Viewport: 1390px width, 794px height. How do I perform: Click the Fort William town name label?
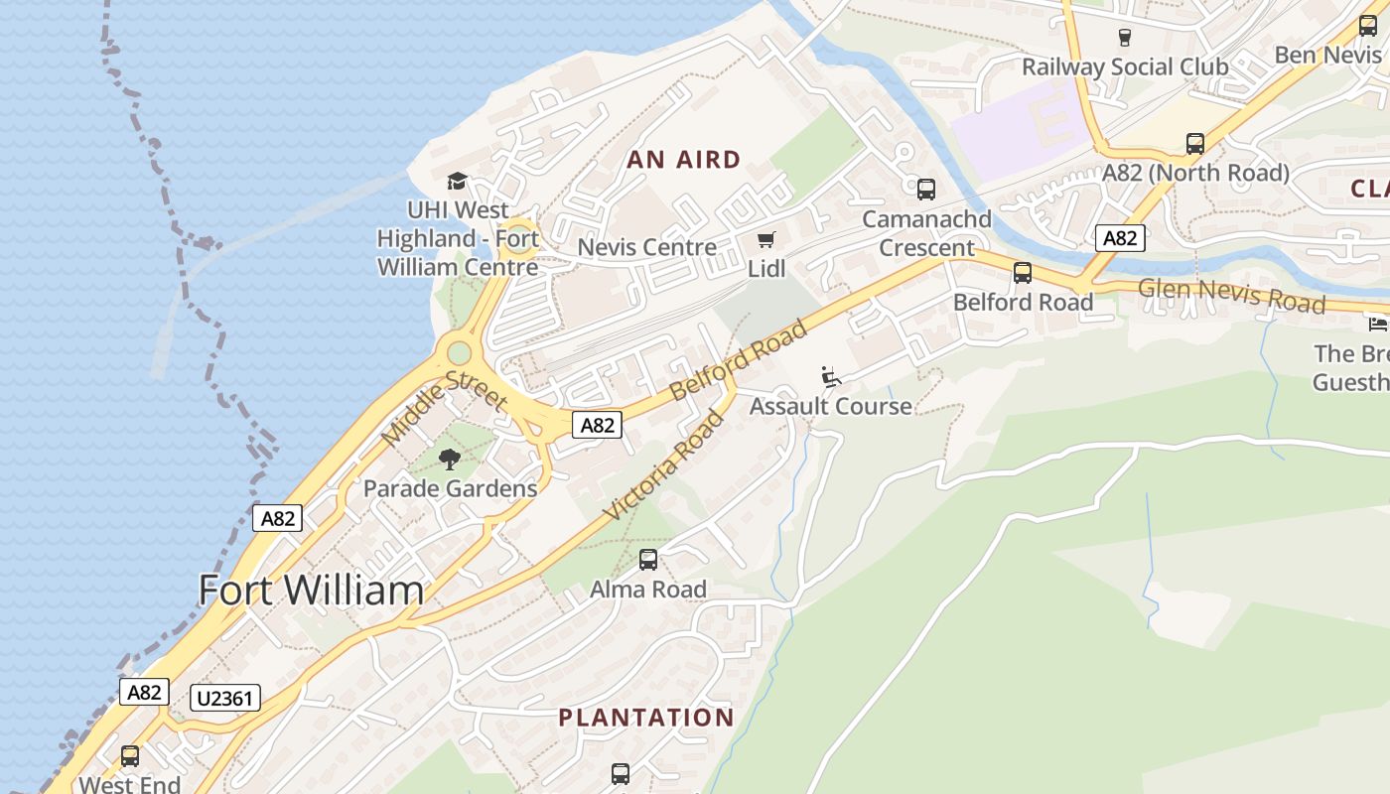(311, 591)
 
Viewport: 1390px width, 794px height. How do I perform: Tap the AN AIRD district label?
(684, 160)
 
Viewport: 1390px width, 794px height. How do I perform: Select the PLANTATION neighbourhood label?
(645, 718)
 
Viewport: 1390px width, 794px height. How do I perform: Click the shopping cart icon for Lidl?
(765, 240)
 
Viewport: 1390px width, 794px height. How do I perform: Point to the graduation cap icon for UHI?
(457, 181)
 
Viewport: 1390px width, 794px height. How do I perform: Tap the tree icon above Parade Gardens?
(450, 459)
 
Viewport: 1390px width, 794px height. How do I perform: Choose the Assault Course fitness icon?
(831, 377)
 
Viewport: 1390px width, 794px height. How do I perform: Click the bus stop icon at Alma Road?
(648, 560)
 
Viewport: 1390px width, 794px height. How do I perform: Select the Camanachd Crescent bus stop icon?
(926, 189)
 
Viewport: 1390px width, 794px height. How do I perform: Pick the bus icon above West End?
(130, 756)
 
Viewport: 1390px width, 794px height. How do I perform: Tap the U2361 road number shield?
(225, 699)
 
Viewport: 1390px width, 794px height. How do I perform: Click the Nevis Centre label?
(646, 247)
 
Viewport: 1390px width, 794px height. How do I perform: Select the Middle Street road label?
(445, 406)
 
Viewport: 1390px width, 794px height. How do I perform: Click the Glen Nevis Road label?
(1231, 295)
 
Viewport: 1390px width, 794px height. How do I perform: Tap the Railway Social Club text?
(1125, 67)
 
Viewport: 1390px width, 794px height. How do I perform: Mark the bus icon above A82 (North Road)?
(1195, 144)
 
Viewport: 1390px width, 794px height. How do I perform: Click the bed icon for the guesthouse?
(1377, 324)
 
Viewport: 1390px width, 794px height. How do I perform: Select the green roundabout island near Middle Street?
(459, 352)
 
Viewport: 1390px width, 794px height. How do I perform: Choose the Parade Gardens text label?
(450, 488)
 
